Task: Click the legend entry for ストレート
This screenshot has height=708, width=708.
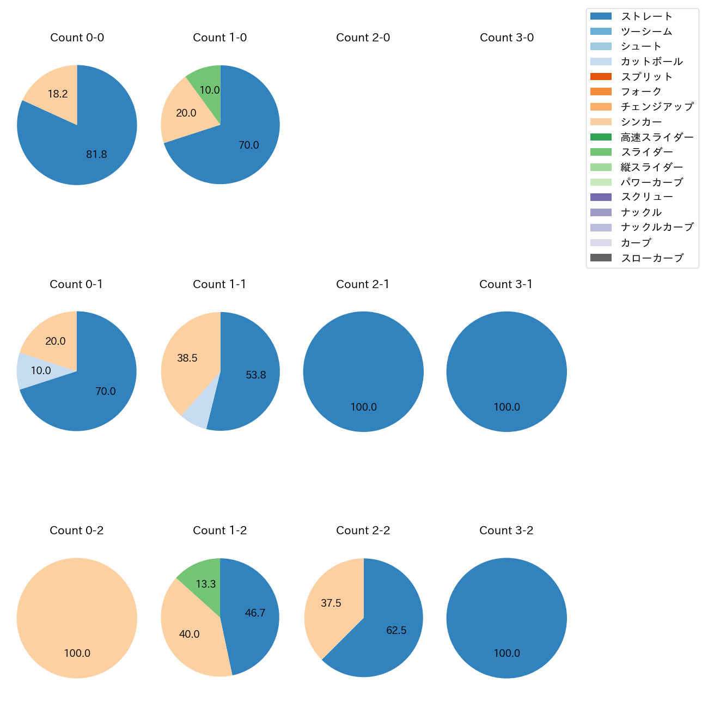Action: (646, 16)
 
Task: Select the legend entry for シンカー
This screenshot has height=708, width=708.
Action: (641, 122)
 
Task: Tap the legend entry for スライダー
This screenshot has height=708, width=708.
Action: (646, 152)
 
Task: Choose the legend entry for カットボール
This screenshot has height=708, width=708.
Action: (651, 62)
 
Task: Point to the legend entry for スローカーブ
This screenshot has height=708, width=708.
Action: (651, 258)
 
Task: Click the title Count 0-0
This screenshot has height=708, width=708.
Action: (77, 38)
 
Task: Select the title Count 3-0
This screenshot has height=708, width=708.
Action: (506, 38)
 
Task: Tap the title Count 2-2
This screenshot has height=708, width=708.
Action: (363, 530)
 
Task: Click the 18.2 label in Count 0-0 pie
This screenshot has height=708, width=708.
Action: (58, 94)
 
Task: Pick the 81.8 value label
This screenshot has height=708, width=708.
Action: (96, 155)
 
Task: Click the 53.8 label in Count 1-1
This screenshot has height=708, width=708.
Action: (256, 375)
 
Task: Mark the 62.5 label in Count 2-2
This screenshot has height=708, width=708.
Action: (396, 631)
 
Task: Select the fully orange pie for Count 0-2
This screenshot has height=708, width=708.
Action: (77, 618)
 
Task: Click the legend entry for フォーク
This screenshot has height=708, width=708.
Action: (641, 91)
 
